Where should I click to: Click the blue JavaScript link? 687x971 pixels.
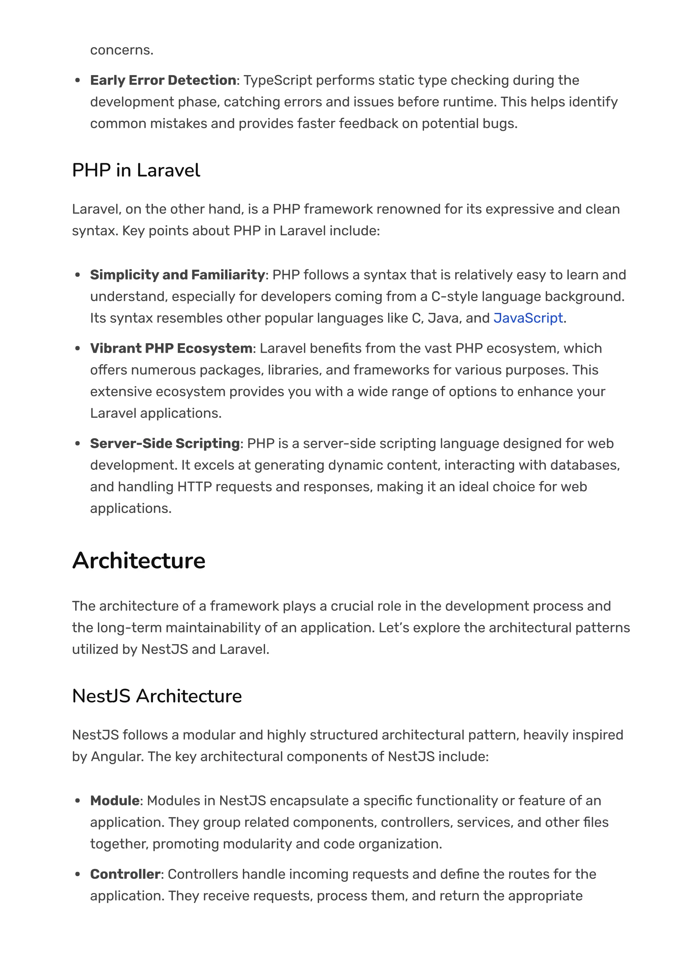tap(528, 318)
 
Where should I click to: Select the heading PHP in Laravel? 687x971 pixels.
tap(136, 171)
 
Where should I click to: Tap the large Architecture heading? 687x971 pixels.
tap(139, 561)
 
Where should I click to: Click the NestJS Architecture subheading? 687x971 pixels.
tap(157, 696)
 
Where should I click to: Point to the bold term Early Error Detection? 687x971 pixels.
tap(163, 80)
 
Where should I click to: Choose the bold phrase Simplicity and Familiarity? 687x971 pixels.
tap(177, 275)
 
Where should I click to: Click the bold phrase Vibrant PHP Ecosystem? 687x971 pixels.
tap(171, 348)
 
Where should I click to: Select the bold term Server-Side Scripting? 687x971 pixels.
tap(165, 444)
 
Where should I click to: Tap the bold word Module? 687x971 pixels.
tap(115, 800)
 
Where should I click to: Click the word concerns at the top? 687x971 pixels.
tap(121, 50)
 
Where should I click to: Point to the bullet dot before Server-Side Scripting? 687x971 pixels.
tap(77, 444)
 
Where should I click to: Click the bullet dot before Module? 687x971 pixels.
tap(77, 801)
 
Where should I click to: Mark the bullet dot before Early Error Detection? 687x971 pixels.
tap(77, 81)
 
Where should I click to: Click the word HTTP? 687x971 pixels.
tap(194, 487)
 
